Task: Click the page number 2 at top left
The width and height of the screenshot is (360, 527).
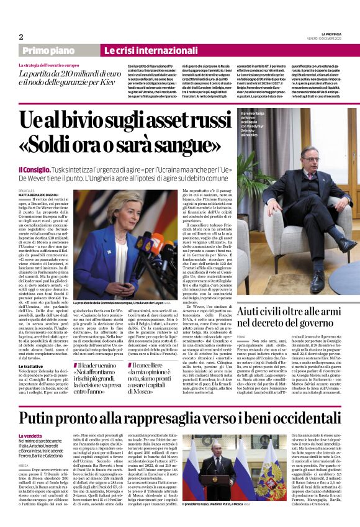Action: (21, 37)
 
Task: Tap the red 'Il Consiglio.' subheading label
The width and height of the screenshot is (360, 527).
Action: (36, 169)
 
